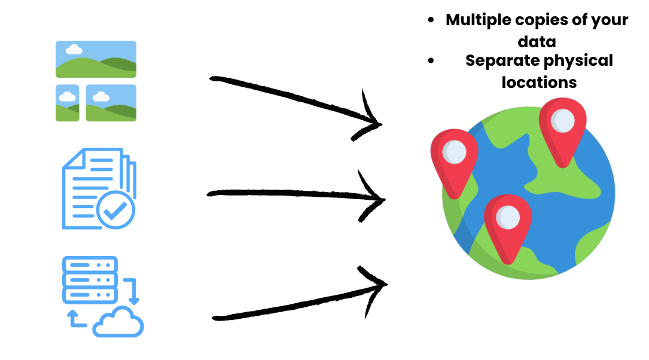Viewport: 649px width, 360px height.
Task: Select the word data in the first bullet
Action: click(x=537, y=42)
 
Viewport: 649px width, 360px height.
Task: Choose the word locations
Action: click(x=539, y=82)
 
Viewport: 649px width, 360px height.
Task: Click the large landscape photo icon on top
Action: click(x=96, y=59)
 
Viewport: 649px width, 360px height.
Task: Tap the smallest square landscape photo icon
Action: click(x=68, y=103)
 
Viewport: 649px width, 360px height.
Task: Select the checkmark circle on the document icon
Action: click(x=115, y=209)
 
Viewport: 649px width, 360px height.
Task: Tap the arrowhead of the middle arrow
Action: click(x=374, y=198)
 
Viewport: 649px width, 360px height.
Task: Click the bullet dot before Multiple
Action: click(x=431, y=20)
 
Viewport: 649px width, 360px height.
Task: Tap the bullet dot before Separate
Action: click(x=431, y=60)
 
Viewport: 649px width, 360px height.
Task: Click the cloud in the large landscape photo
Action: click(x=74, y=49)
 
